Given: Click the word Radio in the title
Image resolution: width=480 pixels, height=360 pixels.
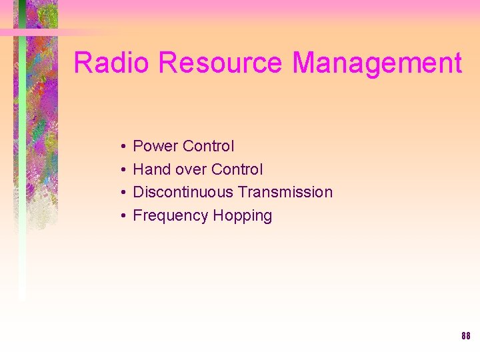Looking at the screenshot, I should [x=113, y=63].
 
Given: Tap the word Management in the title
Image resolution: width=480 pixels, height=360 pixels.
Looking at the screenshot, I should [x=377, y=63].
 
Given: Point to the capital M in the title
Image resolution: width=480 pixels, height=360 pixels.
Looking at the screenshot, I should [x=305, y=63].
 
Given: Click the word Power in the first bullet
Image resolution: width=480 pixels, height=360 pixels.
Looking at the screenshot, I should [x=155, y=146].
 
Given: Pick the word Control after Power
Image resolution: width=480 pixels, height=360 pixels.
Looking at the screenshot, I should [x=208, y=146].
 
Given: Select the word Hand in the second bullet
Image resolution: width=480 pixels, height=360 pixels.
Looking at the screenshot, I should [x=151, y=169].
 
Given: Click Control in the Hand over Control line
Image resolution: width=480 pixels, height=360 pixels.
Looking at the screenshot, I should [x=237, y=169].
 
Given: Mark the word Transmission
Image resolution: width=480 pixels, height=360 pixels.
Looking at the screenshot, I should [x=285, y=192].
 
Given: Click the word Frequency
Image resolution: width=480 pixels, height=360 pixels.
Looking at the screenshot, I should [x=171, y=215].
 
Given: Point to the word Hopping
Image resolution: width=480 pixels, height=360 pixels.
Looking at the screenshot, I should [x=243, y=216].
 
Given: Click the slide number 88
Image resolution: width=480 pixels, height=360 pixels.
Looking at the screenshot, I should [x=465, y=336].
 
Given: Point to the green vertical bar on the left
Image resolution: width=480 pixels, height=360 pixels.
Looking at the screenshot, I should [x=22, y=167].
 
